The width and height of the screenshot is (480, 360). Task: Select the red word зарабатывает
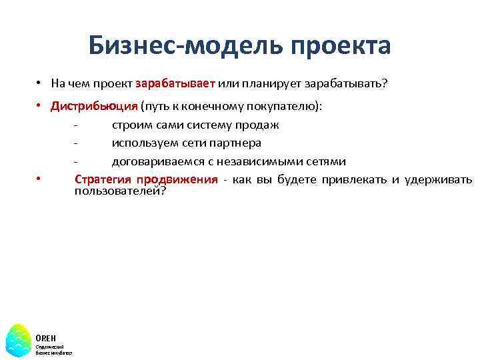[175, 84]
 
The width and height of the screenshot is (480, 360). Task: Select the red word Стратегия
[103, 179]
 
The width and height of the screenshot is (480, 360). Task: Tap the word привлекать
[354, 179]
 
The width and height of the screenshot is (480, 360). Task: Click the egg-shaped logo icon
[19, 339]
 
